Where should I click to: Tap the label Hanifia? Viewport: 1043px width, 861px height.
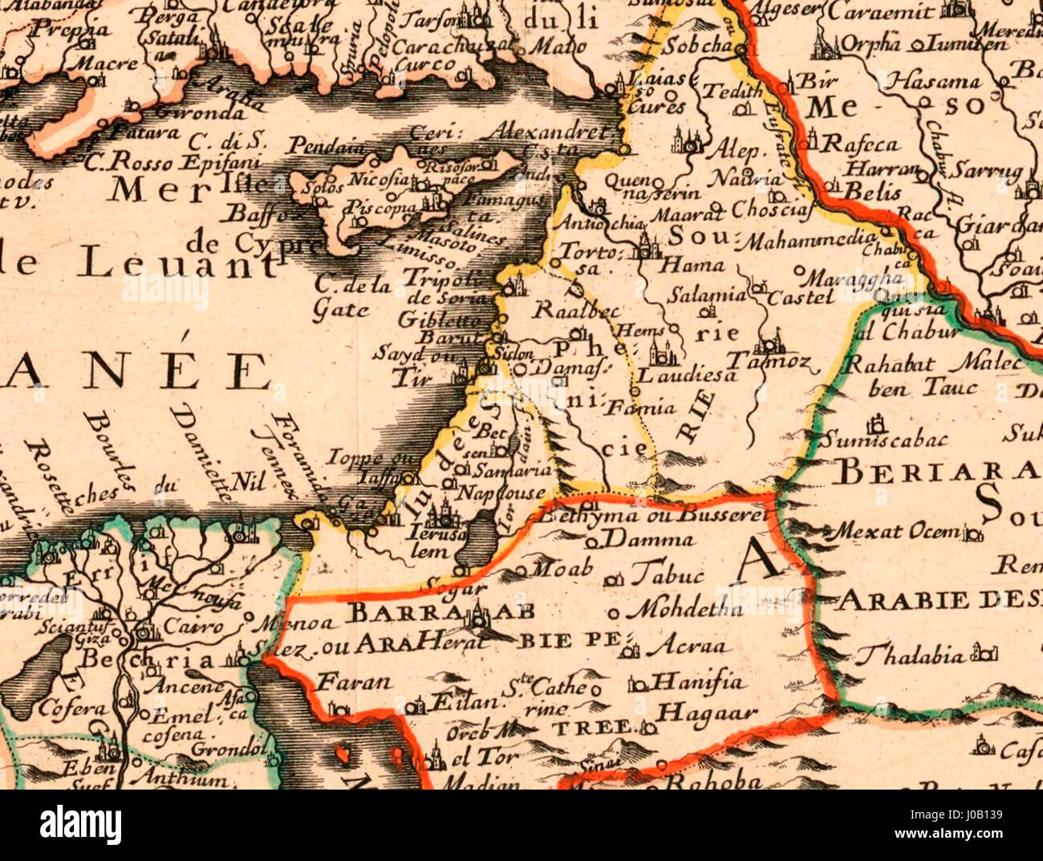pyautogui.click(x=697, y=683)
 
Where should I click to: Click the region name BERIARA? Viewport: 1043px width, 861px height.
pyautogui.click(x=935, y=472)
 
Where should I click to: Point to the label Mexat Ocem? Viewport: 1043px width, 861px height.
pyautogui.click(x=896, y=531)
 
